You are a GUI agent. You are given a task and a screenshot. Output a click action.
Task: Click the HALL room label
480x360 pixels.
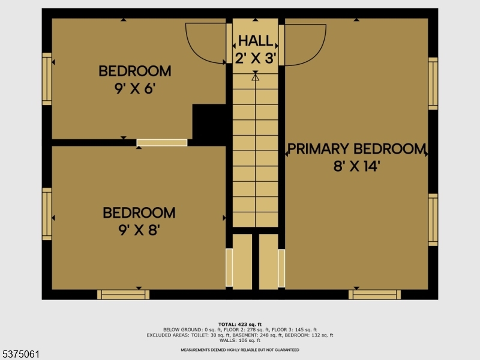[256, 41]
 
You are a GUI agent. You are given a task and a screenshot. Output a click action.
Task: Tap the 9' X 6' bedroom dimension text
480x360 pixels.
[135, 89]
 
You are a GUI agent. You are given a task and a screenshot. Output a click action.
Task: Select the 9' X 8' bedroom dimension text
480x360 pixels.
[139, 230]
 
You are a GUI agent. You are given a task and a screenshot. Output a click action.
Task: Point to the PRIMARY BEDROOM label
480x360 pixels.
[356, 149]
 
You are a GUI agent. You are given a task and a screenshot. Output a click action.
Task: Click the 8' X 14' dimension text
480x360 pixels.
[356, 167]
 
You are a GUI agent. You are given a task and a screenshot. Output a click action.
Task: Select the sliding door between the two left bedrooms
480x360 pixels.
[162, 143]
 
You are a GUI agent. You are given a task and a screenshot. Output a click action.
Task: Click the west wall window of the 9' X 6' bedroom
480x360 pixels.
[47, 79]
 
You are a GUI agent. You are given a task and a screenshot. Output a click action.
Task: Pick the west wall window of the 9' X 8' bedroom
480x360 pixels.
[47, 214]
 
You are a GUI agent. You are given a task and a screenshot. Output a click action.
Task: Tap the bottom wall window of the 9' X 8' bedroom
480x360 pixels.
[124, 295]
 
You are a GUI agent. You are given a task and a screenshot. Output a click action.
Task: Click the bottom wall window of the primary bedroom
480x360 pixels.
[374, 295]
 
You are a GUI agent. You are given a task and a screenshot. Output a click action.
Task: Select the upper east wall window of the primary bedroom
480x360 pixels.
[433, 83]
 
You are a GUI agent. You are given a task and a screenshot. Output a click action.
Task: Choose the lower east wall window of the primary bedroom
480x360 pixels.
[433, 220]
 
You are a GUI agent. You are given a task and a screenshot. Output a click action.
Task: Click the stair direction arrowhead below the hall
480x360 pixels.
[256, 77]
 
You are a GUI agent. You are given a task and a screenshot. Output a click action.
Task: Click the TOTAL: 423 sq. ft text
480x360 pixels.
[240, 325]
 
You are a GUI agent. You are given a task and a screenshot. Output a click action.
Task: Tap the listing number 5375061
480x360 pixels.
[20, 355]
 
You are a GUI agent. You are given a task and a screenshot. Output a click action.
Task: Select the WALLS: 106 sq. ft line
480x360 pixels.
[240, 340]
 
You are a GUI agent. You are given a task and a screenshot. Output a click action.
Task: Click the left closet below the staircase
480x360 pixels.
[242, 262]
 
